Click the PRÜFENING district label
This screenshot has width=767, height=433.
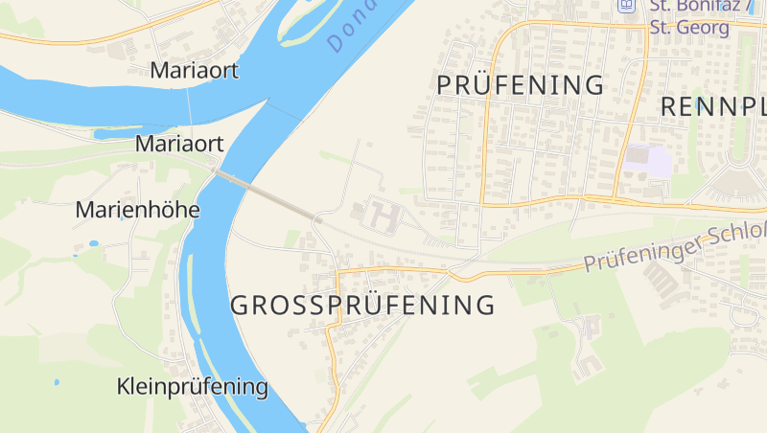[521, 84]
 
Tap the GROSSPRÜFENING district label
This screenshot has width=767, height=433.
[362, 306]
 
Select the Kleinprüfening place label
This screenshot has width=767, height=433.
[192, 387]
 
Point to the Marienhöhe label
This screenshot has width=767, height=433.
[137, 209]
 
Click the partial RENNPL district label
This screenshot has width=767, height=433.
[713, 105]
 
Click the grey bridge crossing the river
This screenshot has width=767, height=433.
[264, 194]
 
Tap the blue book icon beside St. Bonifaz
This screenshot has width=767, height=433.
[627, 5]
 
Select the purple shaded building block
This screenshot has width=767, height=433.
[649, 160]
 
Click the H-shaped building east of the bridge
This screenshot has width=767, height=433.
[380, 216]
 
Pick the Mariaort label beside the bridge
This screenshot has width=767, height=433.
[180, 144]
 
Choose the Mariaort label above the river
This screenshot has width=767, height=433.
[195, 70]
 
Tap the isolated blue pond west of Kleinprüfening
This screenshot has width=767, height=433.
[57, 382]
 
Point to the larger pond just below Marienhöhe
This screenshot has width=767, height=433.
[93, 243]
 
